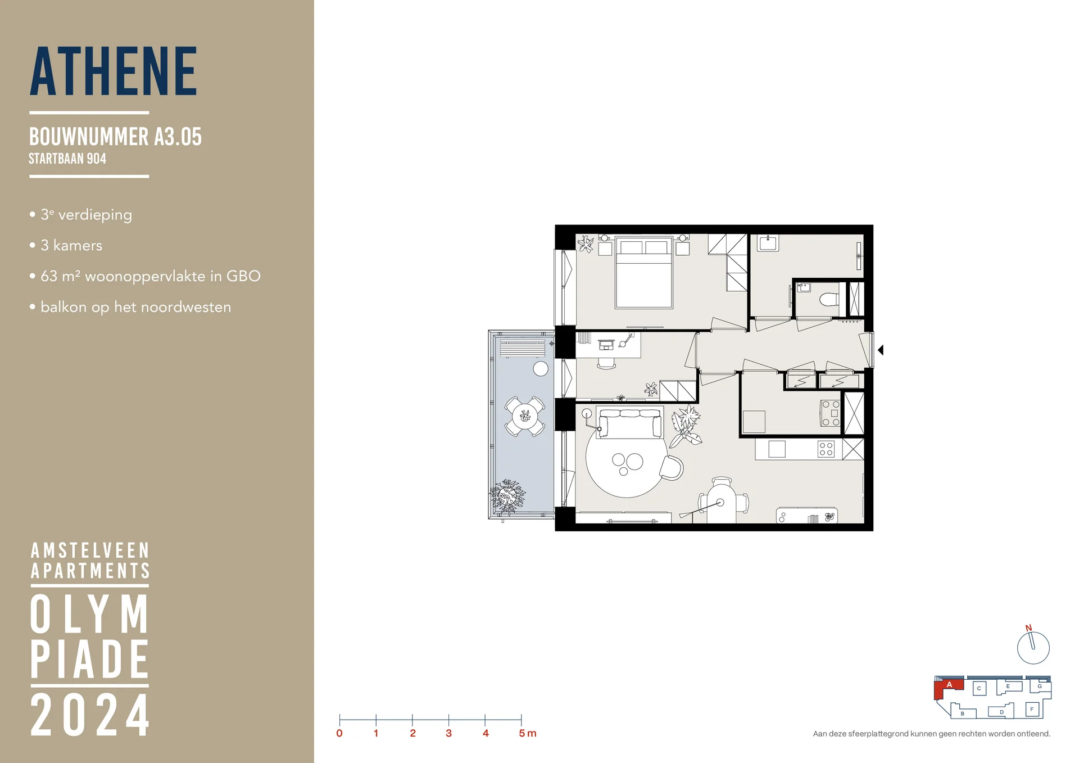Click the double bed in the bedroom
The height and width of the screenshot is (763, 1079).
click(x=644, y=273)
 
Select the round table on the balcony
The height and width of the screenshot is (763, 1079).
click(x=524, y=417)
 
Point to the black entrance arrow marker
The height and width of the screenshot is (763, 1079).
click(x=881, y=350)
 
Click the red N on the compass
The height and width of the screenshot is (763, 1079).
click(x=1028, y=628)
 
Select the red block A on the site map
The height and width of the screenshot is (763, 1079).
click(x=949, y=685)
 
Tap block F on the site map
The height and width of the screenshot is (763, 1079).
click(x=1032, y=709)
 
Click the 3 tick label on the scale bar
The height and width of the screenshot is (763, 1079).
click(x=448, y=733)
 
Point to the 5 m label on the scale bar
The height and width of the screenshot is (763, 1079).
click(x=527, y=733)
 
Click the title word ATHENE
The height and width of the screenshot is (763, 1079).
click(x=114, y=72)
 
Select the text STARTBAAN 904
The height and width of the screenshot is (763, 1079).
click(x=67, y=159)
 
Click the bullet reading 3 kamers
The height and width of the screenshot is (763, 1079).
click(x=71, y=246)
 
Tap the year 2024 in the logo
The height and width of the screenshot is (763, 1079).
click(x=90, y=715)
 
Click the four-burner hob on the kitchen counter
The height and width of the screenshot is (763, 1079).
click(x=826, y=449)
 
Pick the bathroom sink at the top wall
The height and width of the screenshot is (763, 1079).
click(x=767, y=243)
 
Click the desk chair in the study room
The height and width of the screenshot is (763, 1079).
click(x=606, y=363)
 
